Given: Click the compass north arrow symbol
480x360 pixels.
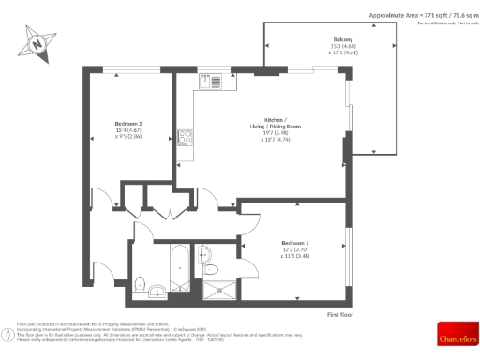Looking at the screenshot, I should [x=37, y=42].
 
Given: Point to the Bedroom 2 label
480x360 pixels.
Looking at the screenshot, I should [x=128, y=123].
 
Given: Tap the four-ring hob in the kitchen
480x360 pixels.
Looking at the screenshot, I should [x=185, y=138].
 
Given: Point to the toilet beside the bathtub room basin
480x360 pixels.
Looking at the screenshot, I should [x=140, y=283].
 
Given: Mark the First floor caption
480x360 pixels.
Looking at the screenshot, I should [x=342, y=314].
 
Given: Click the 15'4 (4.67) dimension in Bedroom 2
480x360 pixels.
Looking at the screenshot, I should [x=128, y=130].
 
